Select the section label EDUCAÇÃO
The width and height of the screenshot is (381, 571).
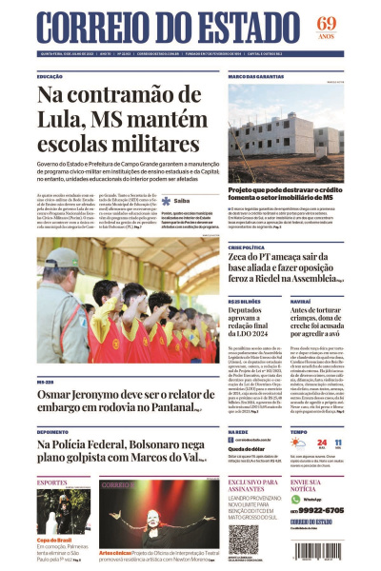click(x=50, y=76)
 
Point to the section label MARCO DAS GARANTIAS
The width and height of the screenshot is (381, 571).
click(x=256, y=76)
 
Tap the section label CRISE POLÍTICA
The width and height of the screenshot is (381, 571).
click(x=247, y=247)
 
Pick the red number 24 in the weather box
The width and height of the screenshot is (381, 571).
click(x=322, y=443)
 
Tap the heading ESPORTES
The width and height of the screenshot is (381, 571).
click(x=51, y=483)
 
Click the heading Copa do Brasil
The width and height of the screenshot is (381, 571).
click(x=55, y=539)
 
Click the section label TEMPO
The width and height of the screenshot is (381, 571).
click(x=298, y=431)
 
